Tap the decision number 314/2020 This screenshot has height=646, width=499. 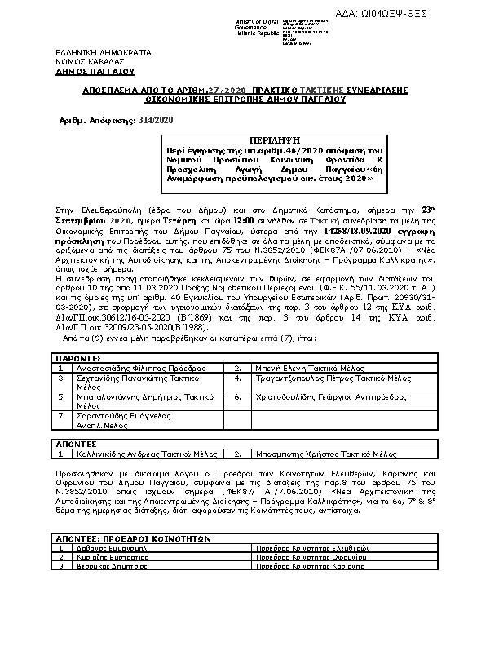pyautogui.click(x=157, y=119)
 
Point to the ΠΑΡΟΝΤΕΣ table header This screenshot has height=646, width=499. pyautogui.click(x=79, y=357)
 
